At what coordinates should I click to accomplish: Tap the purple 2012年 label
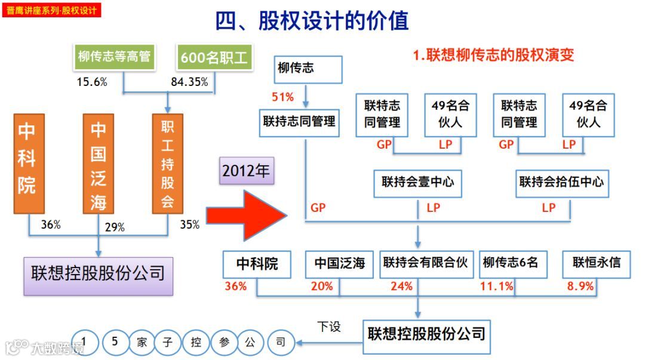[x=245, y=171]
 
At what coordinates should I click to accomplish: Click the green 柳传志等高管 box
[x=114, y=57]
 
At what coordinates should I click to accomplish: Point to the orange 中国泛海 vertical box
[x=99, y=163]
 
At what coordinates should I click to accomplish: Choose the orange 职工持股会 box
[x=167, y=163]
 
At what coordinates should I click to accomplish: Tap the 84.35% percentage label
[x=189, y=82]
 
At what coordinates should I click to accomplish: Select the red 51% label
[x=282, y=97]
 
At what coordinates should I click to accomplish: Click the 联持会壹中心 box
[x=418, y=182]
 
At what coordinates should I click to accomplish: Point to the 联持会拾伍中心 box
[x=561, y=182]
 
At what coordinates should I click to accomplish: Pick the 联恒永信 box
[x=596, y=263]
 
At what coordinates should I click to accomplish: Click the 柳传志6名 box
[x=511, y=263]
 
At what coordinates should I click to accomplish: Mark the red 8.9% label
[x=580, y=287]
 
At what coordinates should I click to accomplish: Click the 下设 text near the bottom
[x=328, y=327]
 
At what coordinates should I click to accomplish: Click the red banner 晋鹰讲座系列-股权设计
[x=51, y=10]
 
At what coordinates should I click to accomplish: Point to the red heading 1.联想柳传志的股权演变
[x=493, y=56]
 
